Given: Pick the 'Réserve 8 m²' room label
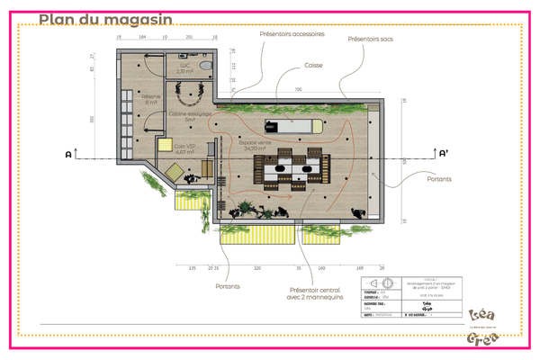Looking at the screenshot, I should click(x=151, y=100).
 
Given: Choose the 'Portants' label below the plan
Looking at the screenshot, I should click(x=228, y=287).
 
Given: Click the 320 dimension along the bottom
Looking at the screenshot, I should click(x=257, y=268).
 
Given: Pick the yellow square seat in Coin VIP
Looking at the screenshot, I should click(x=165, y=146).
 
